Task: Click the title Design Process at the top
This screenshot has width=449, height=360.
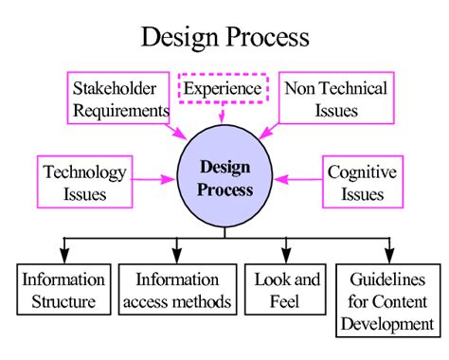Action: coord(224,37)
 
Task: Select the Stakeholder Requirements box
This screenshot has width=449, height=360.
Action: coord(120,99)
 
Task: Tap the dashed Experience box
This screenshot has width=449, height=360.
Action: coord(223,89)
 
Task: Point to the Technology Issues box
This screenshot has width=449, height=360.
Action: coord(84,184)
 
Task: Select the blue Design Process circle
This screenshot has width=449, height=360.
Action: coord(226,178)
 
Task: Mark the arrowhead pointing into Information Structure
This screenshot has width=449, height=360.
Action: coord(64,256)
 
